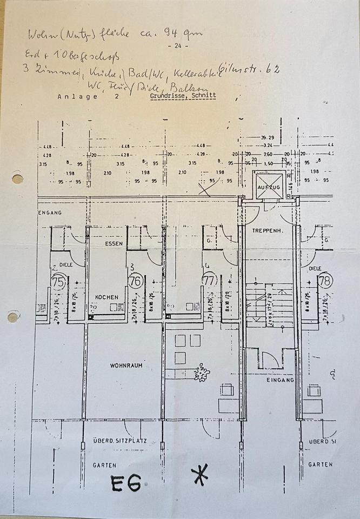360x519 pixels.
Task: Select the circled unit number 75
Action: (58, 282)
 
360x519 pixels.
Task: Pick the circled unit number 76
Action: (135, 281)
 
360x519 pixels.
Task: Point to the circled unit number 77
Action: (210, 281)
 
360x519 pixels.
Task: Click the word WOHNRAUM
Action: (126, 365)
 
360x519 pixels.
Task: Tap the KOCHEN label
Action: (106, 297)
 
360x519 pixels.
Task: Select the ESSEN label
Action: (114, 244)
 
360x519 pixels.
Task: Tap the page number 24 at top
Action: (178, 46)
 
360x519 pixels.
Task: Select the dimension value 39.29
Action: (267, 138)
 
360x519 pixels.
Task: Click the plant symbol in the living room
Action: (202, 372)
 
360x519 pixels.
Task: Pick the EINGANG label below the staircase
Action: (280, 380)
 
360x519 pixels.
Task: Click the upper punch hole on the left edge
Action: (17, 178)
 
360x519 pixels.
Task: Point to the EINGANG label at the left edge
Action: (50, 212)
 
